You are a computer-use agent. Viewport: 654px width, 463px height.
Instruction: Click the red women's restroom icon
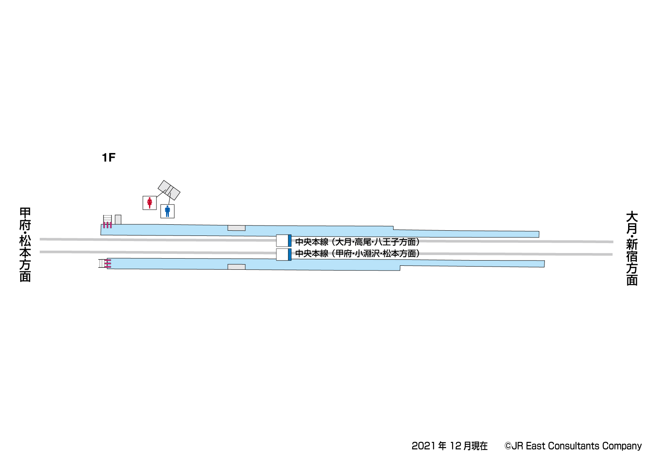pos(150,203)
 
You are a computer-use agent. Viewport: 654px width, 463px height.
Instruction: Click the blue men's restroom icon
pos(167,211)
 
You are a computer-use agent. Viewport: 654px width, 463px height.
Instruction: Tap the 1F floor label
pos(108,158)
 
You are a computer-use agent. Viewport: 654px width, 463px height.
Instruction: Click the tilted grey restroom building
pos(169,190)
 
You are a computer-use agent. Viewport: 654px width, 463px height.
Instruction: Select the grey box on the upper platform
pos(236,228)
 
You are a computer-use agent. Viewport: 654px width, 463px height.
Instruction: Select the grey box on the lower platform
pos(236,267)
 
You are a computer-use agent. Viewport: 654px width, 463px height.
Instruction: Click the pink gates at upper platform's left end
pos(107,225)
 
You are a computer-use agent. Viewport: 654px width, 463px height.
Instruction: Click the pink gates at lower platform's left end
pos(108,263)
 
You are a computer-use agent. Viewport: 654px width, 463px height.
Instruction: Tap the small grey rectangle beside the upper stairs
pos(118,220)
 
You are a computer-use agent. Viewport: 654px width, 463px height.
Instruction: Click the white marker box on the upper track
pos(282,241)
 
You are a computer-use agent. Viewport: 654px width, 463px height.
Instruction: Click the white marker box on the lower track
pos(282,254)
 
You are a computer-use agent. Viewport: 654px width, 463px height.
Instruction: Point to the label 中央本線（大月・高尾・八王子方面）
pos(357,242)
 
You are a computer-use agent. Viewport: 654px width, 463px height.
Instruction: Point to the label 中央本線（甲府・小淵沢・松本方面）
pos(357,253)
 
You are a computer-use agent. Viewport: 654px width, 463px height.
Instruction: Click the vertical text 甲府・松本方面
pos(25,244)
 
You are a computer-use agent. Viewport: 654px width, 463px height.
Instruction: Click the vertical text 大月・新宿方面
pos(632,248)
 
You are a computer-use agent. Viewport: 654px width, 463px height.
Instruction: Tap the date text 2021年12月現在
pos(449,446)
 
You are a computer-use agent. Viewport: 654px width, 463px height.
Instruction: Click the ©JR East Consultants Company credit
pos(573,446)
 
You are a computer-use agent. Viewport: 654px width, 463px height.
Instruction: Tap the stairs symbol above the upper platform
pos(107,219)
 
